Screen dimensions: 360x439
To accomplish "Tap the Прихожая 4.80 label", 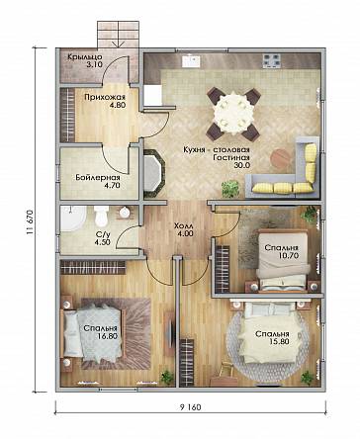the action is (x=105, y=101).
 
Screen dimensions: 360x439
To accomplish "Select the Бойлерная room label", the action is (x=98, y=178).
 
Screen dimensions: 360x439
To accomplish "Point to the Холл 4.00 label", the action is (x=184, y=230).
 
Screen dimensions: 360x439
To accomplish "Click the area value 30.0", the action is (x=242, y=165).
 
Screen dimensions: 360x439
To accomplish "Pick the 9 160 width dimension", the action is (x=190, y=407).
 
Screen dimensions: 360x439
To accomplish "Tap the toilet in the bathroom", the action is (x=101, y=216).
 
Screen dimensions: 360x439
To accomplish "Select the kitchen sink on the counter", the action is (x=191, y=61).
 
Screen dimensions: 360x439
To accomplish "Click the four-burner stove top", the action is (x=272, y=61).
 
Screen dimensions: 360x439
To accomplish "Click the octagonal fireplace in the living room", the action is (x=153, y=173).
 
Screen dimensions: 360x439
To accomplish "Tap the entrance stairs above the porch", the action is (x=118, y=35).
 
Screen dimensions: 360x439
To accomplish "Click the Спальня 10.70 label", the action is (x=282, y=251).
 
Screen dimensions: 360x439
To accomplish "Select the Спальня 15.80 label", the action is (x=272, y=338).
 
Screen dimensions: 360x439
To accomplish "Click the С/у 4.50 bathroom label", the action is (x=103, y=238).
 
